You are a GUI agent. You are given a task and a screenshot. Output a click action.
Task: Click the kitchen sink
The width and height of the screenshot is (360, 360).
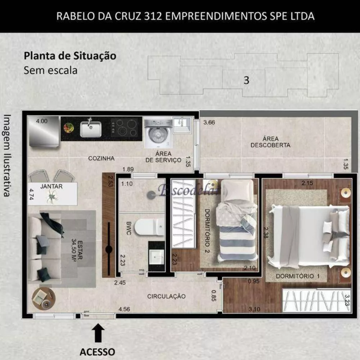click(90, 129)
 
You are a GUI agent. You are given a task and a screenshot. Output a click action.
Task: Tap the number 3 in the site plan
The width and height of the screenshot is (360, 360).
click(246, 80)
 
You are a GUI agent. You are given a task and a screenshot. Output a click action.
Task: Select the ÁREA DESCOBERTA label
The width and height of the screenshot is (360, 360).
click(270, 142)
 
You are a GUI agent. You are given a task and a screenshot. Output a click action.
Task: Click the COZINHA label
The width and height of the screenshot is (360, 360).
click(101, 158)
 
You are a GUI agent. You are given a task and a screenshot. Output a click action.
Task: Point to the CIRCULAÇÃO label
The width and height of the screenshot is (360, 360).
click(166, 296)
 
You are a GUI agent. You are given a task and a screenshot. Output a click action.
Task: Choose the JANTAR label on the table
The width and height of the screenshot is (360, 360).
click(51, 186)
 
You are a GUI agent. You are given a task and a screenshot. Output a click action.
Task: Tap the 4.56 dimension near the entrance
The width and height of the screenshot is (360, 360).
click(124, 309)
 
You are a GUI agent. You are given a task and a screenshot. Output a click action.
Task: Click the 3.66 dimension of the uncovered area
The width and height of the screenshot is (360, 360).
click(209, 122)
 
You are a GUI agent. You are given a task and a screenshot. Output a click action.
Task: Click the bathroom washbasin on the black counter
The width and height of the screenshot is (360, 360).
click(157, 256)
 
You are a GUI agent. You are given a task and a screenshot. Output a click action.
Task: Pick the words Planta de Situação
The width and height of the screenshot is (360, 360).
click(70, 56)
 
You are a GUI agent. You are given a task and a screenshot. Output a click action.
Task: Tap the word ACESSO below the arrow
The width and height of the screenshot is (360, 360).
click(97, 352)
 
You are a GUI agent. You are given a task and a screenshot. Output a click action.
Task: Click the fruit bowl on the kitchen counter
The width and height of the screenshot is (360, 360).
click(68, 128)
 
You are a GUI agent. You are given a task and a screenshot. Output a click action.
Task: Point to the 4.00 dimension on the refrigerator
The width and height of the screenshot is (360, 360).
click(41, 121)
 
